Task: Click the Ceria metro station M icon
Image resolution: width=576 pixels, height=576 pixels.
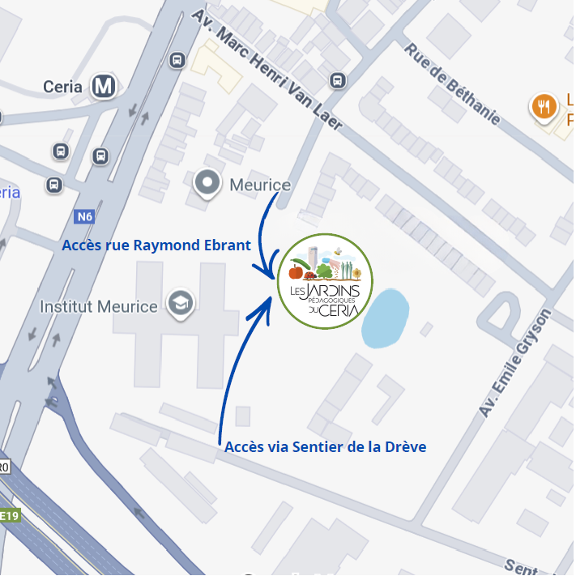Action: pos(104,86)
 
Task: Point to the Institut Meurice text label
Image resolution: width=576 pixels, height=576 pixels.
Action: pos(99,307)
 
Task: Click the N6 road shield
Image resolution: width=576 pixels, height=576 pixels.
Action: pos(84,217)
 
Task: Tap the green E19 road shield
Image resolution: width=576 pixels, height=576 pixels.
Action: pos(9,515)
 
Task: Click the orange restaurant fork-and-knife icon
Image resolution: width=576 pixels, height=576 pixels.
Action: pos(544,106)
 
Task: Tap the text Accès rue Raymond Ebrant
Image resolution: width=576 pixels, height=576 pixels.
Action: pos(156,245)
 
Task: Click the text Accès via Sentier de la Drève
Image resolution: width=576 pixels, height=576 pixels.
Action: pos(325,446)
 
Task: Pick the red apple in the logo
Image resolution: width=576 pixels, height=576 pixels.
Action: pos(295,271)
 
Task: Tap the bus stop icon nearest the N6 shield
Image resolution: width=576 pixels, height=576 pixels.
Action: pos(53,185)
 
